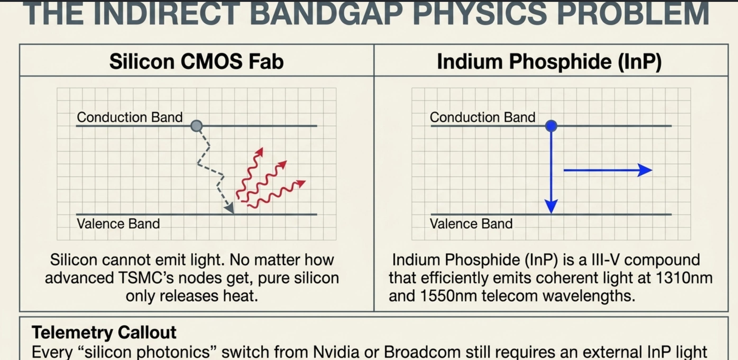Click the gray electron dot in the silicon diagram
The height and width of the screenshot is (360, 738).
tap(196, 126)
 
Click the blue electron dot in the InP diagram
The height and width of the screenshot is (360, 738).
tap(551, 126)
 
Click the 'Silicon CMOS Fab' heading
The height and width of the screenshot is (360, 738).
tap(196, 61)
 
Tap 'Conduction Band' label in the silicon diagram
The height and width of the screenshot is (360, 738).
tap(130, 117)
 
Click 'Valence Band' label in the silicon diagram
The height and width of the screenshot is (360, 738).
tap(118, 224)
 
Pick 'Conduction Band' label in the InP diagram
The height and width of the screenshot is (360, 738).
tap(483, 117)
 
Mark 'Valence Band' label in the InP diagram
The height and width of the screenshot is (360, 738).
tap(471, 224)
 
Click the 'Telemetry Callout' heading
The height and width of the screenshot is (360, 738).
tap(104, 332)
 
